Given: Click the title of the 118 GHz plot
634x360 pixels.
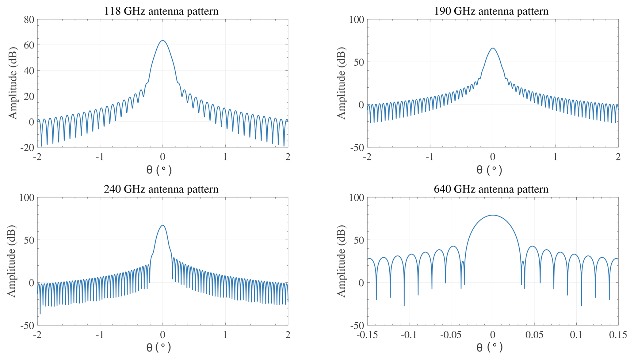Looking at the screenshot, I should pyautogui.click(x=161, y=11).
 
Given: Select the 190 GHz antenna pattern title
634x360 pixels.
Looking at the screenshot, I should pyautogui.click(x=491, y=11).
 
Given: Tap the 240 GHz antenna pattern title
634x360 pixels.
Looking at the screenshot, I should pyautogui.click(x=161, y=189).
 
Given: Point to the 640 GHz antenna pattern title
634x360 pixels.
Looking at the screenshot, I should pyautogui.click(x=491, y=189).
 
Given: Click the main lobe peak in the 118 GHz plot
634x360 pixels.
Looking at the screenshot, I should pyautogui.click(x=162, y=40).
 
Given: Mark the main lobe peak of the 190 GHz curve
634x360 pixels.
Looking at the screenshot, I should pyautogui.click(x=493, y=48).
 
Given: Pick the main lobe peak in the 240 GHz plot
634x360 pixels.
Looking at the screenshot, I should pyautogui.click(x=162, y=225).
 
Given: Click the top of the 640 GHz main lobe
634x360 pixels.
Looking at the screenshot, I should pyautogui.click(x=493, y=215).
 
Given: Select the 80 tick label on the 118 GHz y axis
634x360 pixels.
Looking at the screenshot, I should pyautogui.click(x=29, y=20).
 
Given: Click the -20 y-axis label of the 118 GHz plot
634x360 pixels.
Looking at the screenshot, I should pyautogui.click(x=27, y=147).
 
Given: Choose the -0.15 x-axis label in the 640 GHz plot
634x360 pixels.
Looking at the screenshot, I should pyautogui.click(x=367, y=335).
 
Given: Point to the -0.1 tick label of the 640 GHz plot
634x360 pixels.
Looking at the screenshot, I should pyautogui.click(x=409, y=335).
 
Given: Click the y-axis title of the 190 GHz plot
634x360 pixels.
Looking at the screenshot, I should pyautogui.click(x=341, y=83).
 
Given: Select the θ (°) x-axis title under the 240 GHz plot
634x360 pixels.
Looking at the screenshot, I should pyautogui.click(x=159, y=347).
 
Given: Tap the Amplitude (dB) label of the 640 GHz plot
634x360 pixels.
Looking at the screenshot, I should pyautogui.click(x=341, y=261).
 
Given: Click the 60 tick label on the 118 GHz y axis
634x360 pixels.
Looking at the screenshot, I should pyautogui.click(x=29, y=45).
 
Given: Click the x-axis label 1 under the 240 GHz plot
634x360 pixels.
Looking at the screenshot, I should pyautogui.click(x=225, y=335).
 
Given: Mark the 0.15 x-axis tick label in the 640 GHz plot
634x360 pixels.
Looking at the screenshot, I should pyautogui.click(x=617, y=335).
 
